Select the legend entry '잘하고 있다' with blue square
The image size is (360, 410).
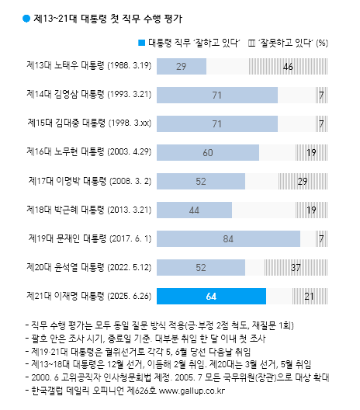189,43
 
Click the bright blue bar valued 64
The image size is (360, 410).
211,296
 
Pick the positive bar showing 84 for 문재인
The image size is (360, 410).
228,238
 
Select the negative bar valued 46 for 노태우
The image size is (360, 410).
289,67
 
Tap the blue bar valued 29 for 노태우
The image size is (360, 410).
181,67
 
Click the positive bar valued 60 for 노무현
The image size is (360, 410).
208,152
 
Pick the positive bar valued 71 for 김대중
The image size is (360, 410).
217,123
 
